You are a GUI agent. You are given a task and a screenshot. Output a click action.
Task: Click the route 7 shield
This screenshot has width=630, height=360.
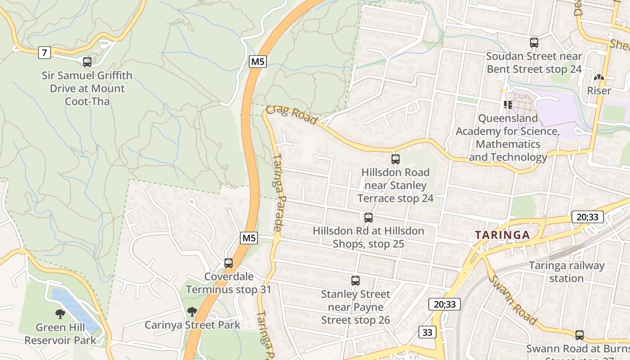44,53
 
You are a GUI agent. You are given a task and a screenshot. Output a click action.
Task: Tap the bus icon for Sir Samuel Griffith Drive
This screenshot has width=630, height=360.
87,62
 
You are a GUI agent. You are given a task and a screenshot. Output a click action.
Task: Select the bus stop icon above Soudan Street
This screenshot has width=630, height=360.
534,43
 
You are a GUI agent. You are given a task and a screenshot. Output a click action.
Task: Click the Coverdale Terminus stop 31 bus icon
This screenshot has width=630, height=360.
229,263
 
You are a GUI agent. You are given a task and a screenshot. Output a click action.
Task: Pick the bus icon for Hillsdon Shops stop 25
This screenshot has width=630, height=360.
369,218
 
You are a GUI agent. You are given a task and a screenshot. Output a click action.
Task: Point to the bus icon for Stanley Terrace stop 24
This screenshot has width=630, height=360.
396,159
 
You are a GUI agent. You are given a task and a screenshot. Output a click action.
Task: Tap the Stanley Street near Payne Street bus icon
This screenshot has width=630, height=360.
355,281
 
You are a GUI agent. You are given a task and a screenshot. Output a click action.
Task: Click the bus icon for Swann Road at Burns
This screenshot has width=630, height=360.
580,335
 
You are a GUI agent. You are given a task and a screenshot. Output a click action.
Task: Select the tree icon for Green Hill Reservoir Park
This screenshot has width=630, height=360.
60,314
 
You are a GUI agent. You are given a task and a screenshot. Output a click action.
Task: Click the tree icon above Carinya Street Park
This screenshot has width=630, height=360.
192,311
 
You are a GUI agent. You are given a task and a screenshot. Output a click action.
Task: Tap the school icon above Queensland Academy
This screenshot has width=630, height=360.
508,105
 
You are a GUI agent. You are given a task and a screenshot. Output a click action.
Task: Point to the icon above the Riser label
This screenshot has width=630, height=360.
599,78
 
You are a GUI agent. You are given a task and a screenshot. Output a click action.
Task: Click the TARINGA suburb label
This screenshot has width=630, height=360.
503,235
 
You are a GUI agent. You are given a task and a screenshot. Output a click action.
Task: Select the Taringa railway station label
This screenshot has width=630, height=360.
567,272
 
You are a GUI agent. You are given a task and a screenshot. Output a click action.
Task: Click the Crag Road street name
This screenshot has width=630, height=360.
292,114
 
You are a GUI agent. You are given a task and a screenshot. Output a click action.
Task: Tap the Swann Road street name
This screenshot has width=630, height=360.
513,299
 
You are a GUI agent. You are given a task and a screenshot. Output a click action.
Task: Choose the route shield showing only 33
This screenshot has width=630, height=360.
427,333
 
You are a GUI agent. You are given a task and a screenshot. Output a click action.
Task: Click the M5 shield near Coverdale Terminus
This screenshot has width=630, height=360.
249,238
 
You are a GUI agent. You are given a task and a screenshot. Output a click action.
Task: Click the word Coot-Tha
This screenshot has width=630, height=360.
87,101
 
